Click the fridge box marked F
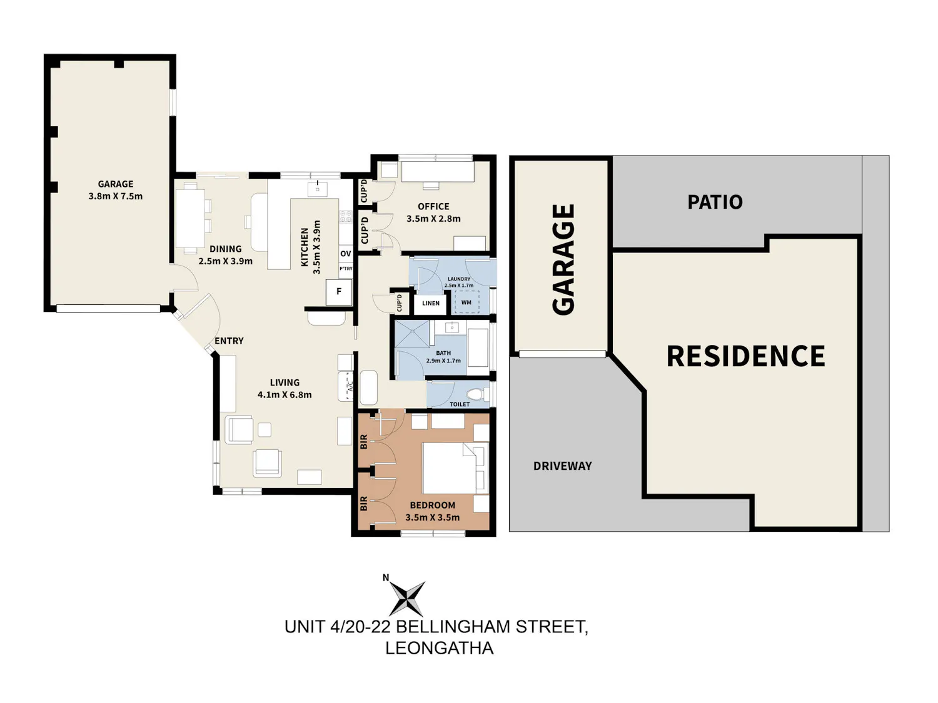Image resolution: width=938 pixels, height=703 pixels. [x=338, y=292]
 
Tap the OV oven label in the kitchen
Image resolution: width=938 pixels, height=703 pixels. [x=346, y=254]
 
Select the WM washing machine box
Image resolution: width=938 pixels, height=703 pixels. [x=466, y=302]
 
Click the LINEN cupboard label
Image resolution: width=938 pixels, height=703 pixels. [x=431, y=304]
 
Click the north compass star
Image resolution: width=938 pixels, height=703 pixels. [x=408, y=598]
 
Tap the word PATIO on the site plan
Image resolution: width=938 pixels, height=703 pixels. [x=715, y=202]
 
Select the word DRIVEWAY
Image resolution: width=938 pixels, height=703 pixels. [x=562, y=466]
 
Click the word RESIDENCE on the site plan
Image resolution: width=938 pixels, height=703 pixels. [x=745, y=356]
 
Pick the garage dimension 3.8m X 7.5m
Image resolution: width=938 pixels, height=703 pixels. [x=116, y=196]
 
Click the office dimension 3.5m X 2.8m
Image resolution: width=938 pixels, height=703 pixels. [x=433, y=219]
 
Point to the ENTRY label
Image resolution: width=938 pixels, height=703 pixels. [x=229, y=341]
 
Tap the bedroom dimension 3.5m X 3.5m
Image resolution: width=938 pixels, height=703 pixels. [x=433, y=517]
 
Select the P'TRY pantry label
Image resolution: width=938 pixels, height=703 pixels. [x=346, y=269]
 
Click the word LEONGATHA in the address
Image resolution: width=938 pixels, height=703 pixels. [x=440, y=648]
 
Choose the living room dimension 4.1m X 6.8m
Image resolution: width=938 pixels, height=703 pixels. [x=285, y=395]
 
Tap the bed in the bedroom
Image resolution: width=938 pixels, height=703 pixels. [x=455, y=468]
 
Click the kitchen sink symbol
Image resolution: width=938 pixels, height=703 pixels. [x=318, y=187]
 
